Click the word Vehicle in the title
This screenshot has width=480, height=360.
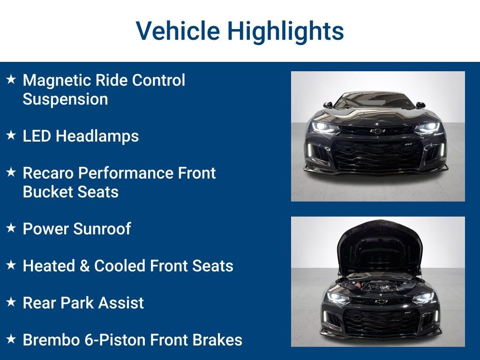click(x=178, y=31)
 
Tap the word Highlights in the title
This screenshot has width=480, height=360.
click(x=285, y=31)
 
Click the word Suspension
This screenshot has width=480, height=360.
click(x=65, y=99)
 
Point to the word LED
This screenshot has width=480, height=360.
click(x=37, y=136)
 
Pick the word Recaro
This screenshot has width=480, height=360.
click(x=48, y=173)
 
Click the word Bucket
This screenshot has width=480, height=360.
click(x=47, y=192)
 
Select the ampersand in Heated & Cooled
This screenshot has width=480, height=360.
click(x=84, y=266)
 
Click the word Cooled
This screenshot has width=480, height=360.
click(x=120, y=266)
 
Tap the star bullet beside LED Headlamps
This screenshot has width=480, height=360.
click(x=11, y=135)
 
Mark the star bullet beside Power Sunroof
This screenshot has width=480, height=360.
click(x=11, y=228)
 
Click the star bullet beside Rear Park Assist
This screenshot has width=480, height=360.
click(x=11, y=302)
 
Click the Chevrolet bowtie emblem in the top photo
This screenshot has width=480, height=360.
click(x=377, y=131)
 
